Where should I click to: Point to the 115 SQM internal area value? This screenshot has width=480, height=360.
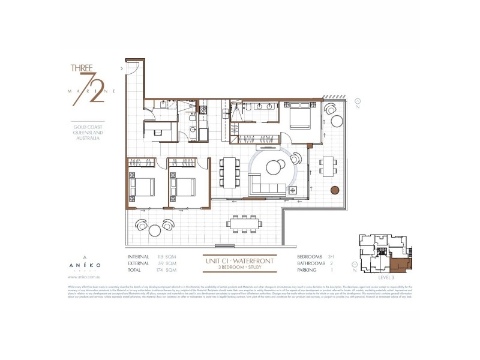click(x=164, y=257)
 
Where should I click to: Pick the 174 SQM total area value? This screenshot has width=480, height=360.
click(x=164, y=270)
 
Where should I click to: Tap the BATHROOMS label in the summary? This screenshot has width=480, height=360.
click(x=311, y=263)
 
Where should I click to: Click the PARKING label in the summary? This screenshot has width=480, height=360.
click(x=308, y=270)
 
